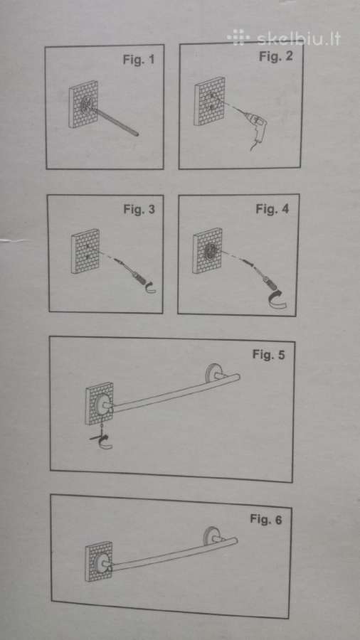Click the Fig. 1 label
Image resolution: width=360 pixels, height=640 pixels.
tap(139, 60)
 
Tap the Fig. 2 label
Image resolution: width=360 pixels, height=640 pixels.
tap(276, 56)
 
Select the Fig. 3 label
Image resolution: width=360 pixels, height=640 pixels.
tap(139, 209)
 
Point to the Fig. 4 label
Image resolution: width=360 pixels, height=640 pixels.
tap(272, 209)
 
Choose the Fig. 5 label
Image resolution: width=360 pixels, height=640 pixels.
tap(268, 354)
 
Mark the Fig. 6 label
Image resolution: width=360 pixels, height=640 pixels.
tap(265, 520)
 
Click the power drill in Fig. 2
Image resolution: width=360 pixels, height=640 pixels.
tap(257, 129)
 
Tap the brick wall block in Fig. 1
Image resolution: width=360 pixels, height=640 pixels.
tap(84, 105)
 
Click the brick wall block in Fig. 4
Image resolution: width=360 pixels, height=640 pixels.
tap(207, 250)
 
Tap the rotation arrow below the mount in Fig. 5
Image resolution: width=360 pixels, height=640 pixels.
tap(103, 440)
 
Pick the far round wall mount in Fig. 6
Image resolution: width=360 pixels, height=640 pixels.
tap(212, 537)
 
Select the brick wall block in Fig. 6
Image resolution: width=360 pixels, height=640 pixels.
tap(98, 561)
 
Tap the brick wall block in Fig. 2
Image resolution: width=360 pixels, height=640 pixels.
tap(209, 101)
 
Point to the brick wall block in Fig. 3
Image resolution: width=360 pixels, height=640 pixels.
tap(85, 251)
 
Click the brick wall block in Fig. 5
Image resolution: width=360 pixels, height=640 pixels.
tap(100, 403)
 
